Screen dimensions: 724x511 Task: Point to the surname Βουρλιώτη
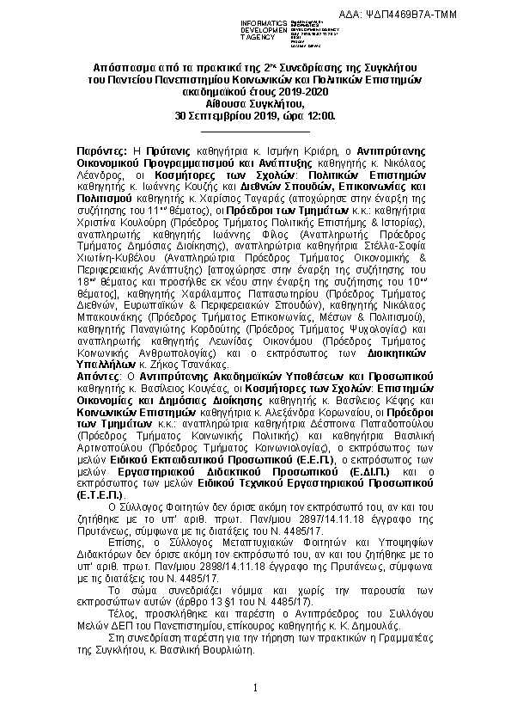[226, 650]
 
